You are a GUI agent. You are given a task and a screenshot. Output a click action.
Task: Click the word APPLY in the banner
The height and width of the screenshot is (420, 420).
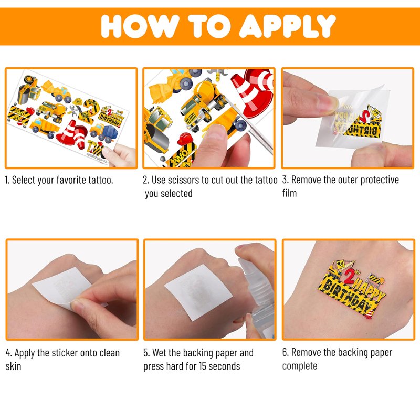point(287,26)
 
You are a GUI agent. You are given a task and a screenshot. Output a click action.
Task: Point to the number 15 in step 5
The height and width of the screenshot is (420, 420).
point(202,366)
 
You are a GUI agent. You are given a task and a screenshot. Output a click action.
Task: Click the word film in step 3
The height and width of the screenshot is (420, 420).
point(289,193)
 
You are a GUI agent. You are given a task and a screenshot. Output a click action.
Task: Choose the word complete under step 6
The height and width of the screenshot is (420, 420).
point(300,366)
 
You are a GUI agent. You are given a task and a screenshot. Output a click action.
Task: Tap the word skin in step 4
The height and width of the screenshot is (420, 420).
point(13,366)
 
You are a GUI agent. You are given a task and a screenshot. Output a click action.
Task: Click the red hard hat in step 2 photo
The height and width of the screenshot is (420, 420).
point(185,139)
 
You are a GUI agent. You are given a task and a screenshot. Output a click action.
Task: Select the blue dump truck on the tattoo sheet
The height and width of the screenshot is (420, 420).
point(102,133)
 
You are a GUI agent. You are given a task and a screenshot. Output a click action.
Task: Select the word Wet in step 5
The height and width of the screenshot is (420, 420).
point(160,353)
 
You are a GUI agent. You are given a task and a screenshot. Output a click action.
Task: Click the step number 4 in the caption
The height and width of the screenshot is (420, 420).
point(8,353)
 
